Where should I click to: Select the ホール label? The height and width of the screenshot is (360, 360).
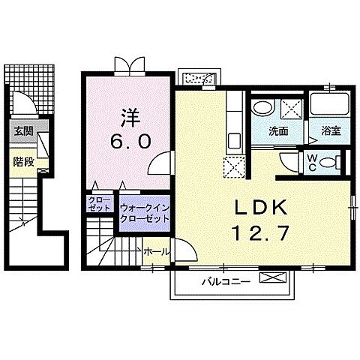154,252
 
